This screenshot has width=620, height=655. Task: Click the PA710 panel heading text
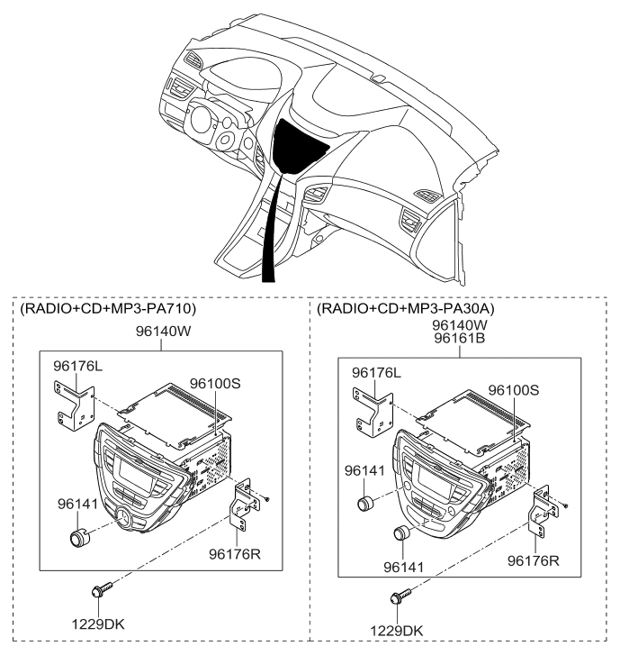pyautogui.click(x=108, y=308)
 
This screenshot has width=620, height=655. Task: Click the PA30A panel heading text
pyautogui.click(x=406, y=308)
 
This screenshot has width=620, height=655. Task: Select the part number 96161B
pyautogui.click(x=459, y=338)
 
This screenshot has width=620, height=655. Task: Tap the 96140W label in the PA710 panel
pyautogui.click(x=163, y=332)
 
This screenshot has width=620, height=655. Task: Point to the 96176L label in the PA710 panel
pyautogui.click(x=77, y=366)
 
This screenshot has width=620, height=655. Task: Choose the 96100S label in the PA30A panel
pyautogui.click(x=514, y=390)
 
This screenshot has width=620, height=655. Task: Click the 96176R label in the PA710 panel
pyautogui.click(x=235, y=554)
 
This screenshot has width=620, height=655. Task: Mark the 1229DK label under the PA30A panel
pyautogui.click(x=397, y=631)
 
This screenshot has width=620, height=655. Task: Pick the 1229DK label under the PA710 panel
pyautogui.click(x=98, y=624)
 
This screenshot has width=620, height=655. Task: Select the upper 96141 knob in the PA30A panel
pyautogui.click(x=365, y=503)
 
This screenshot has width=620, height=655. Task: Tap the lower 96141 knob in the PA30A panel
pyautogui.click(x=402, y=533)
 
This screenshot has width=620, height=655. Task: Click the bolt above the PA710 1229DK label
pyautogui.click(x=102, y=589)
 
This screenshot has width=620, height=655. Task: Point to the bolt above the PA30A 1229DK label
pyautogui.click(x=400, y=596)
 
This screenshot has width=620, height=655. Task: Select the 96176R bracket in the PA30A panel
pyautogui.click(x=543, y=512)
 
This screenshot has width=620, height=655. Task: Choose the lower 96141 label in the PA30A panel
pyautogui.click(x=403, y=568)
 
